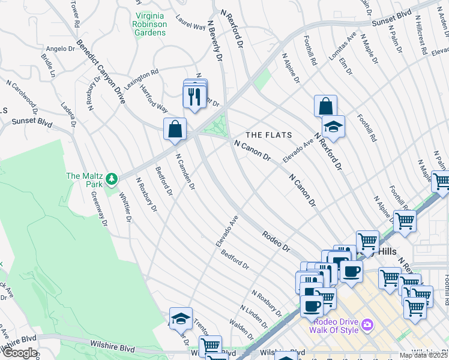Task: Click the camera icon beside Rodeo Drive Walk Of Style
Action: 367,325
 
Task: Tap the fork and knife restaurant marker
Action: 193,97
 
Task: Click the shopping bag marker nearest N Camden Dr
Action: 175,129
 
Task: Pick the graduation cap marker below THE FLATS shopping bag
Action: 333,127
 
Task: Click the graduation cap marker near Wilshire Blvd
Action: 181,319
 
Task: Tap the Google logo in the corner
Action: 19,353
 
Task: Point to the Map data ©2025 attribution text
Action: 424,355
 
